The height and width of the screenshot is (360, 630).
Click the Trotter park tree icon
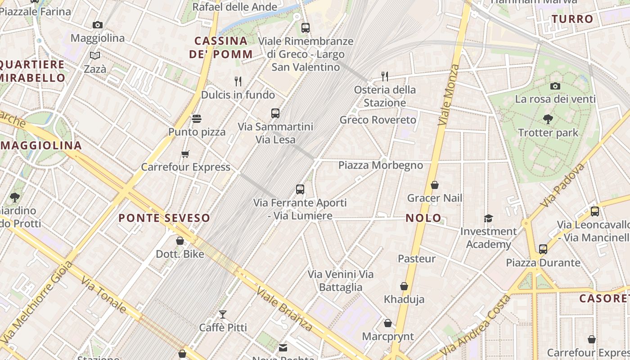[x=548, y=119]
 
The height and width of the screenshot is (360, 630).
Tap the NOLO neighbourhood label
[x=423, y=218]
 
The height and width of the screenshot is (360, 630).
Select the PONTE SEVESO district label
[x=164, y=218]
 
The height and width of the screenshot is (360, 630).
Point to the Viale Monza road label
[x=449, y=95]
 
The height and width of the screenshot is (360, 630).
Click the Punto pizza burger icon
[x=197, y=119]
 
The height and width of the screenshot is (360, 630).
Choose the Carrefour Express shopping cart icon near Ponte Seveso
[x=185, y=154]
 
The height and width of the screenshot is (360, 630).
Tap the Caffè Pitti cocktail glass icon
[x=223, y=314]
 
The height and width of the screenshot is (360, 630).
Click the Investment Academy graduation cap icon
[x=488, y=218]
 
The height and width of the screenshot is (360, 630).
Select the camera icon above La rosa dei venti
[x=555, y=86]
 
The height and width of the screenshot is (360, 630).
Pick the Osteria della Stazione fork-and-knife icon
[x=384, y=76]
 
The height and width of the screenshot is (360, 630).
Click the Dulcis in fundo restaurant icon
[x=238, y=81]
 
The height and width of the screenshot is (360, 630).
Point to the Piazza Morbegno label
[x=381, y=165]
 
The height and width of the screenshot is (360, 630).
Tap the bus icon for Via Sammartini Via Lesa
[x=275, y=113]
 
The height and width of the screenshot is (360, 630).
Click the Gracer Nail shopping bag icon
[x=434, y=185]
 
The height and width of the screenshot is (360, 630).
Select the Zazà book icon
[x=95, y=56]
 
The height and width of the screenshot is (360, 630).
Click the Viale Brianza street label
[x=284, y=309]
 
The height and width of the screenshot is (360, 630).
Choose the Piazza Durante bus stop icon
[x=543, y=249]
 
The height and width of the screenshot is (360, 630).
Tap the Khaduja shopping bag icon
[x=404, y=286]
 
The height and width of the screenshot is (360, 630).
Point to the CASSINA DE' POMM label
[x=221, y=47]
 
